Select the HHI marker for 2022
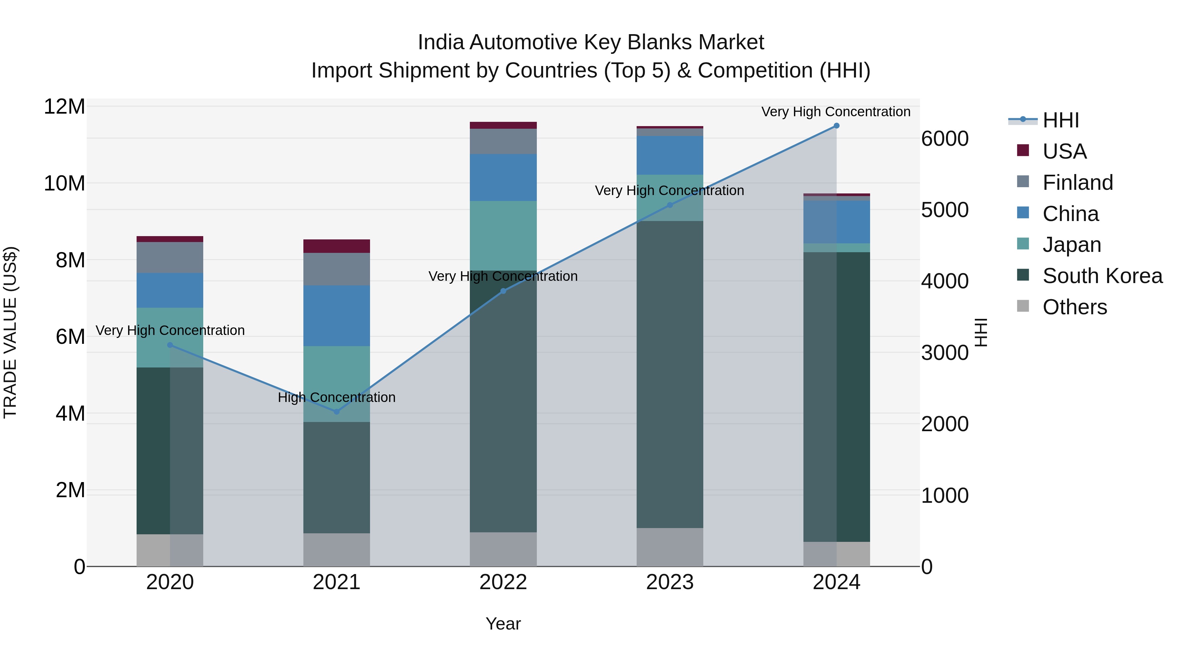503,291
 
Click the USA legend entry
1064,151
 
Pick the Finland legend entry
1077,182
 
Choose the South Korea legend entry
1102,276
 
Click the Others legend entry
1074,307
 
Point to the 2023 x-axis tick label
669,582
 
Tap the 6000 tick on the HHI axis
945,139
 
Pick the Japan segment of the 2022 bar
503,235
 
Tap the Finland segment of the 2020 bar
170,257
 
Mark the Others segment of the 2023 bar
669,547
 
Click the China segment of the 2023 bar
669,155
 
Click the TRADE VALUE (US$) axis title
10,332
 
